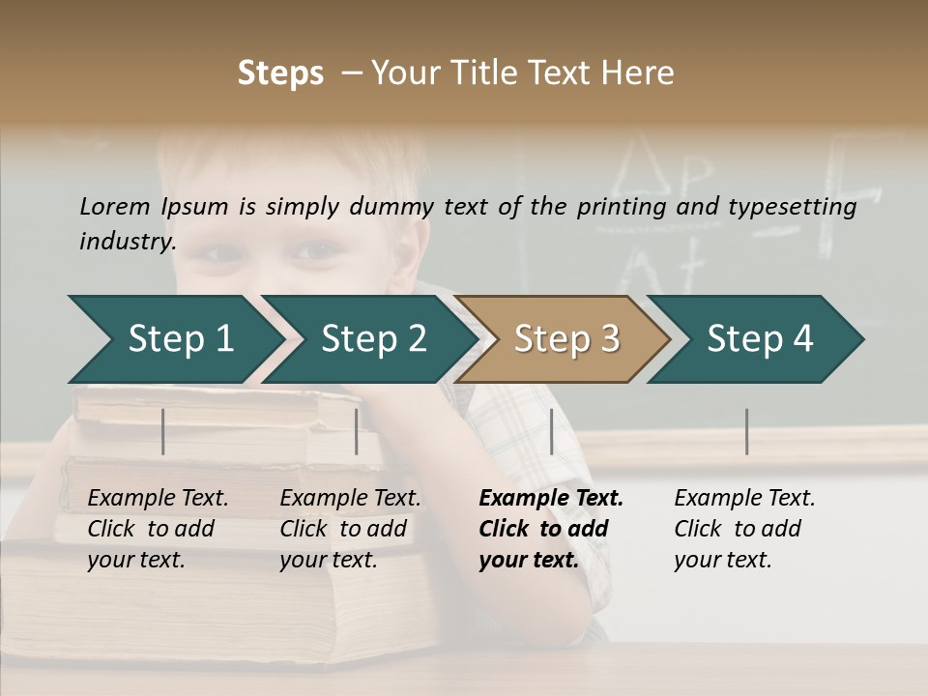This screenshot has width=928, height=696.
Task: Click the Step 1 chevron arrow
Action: (179, 339)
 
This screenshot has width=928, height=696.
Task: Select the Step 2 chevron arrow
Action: (372, 339)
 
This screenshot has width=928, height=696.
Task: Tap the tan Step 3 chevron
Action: (565, 339)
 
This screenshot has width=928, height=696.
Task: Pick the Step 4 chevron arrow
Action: (759, 339)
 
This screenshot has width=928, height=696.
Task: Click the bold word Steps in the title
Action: (280, 73)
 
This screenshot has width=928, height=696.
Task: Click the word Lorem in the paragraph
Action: (114, 206)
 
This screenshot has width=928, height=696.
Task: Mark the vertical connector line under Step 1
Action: (163, 431)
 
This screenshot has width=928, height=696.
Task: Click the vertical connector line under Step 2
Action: (357, 431)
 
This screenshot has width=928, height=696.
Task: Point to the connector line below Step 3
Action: (551, 431)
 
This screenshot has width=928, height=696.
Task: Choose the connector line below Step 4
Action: (746, 431)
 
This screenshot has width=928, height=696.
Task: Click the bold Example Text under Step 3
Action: (551, 499)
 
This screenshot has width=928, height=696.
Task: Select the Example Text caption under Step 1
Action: (158, 499)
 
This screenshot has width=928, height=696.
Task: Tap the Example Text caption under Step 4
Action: (744, 499)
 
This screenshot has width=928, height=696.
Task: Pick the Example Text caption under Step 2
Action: (350, 499)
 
